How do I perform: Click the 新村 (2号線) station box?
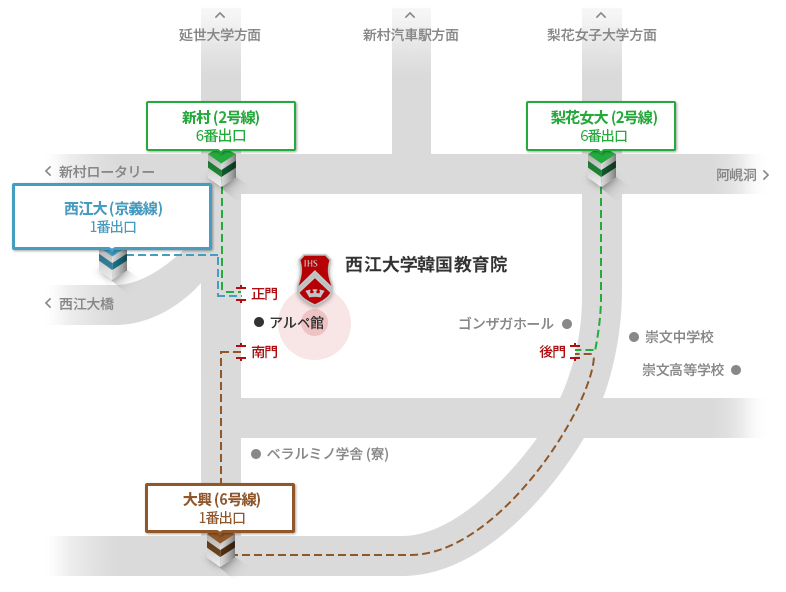[x=221, y=126]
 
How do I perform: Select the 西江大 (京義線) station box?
[x=112, y=217]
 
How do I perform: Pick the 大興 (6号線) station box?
[x=220, y=508]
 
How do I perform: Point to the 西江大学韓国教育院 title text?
[x=426, y=265]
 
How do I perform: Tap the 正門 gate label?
[x=265, y=294]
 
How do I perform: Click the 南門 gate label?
[x=265, y=352]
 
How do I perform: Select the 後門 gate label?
[x=552, y=351]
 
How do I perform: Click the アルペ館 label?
[x=296, y=322]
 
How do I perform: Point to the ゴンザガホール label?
[x=506, y=324]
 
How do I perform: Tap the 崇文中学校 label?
[x=679, y=337]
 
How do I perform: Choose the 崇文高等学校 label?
[x=683, y=370]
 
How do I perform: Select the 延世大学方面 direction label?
[x=220, y=35]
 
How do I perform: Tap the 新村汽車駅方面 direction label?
[x=411, y=35]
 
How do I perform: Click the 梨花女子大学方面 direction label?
[x=602, y=35]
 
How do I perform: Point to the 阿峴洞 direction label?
[x=737, y=175]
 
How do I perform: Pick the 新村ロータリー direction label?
[x=106, y=172]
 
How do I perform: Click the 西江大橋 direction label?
[x=86, y=303]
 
